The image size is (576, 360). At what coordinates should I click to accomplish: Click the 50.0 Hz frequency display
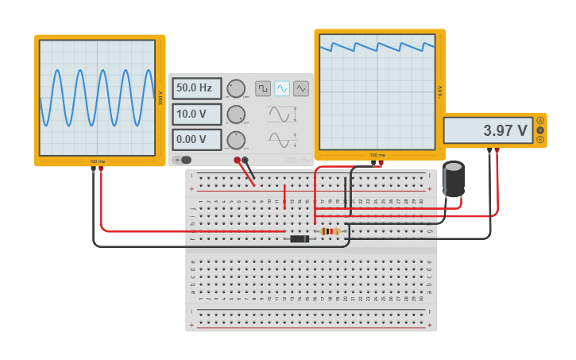[196, 88]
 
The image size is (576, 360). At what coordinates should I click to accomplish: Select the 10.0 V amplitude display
[196, 114]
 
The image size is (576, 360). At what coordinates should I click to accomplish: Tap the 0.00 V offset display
[196, 140]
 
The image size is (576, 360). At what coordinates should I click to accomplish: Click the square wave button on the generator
[263, 88]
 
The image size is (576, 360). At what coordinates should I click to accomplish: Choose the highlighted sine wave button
[282, 88]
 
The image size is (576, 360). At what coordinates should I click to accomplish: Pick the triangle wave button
[301, 88]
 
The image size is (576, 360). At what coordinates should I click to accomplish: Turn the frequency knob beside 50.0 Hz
[236, 88]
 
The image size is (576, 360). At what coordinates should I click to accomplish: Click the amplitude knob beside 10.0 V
[236, 114]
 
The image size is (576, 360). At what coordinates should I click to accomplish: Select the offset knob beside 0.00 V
[236, 140]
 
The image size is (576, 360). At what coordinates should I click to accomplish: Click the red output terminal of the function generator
[237, 160]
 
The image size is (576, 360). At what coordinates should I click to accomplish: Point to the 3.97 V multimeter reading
[488, 130]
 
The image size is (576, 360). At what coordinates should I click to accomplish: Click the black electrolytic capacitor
[454, 179]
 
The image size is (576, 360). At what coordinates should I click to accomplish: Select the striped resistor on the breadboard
[330, 231]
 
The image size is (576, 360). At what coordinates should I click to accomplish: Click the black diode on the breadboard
[300, 238]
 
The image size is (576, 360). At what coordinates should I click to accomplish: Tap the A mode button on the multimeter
[540, 121]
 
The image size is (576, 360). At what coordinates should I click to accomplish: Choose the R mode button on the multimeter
[540, 140]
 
